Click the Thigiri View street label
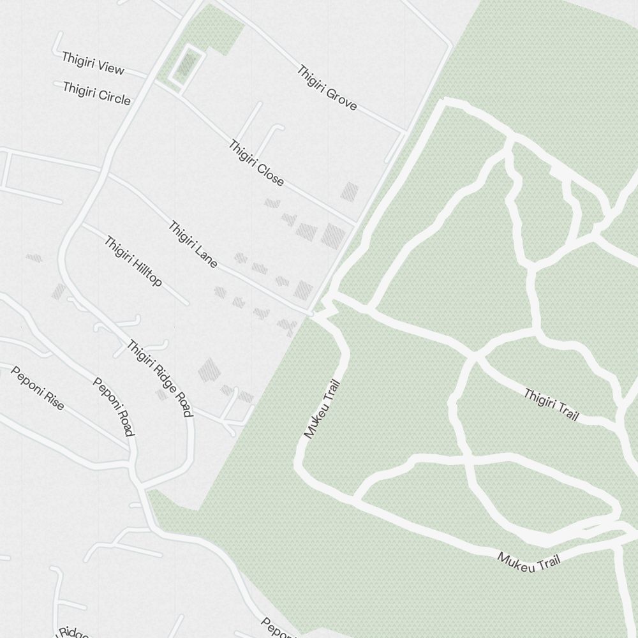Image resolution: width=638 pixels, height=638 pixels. point(93,64)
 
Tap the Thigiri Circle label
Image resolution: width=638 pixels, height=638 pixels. point(96,93)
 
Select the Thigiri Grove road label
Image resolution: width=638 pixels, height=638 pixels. point(327,88)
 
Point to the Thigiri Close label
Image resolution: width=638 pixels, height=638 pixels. point(256,163)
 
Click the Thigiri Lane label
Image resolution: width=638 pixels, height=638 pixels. point(193,244)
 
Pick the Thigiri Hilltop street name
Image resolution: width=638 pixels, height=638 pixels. point(133,262)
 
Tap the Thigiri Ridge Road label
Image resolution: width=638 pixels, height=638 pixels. point(159,378)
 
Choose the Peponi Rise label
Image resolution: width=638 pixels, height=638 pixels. point(37,387)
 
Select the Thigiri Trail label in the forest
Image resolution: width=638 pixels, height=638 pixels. point(551,404)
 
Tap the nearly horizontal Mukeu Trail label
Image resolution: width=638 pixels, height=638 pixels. point(529,562)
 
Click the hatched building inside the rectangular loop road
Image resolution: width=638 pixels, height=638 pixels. point(186,64)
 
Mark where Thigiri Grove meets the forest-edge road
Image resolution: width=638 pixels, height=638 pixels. point(404,132)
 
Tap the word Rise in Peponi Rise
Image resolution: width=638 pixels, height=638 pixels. point(53,398)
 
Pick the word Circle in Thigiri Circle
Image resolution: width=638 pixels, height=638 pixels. point(115,97)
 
